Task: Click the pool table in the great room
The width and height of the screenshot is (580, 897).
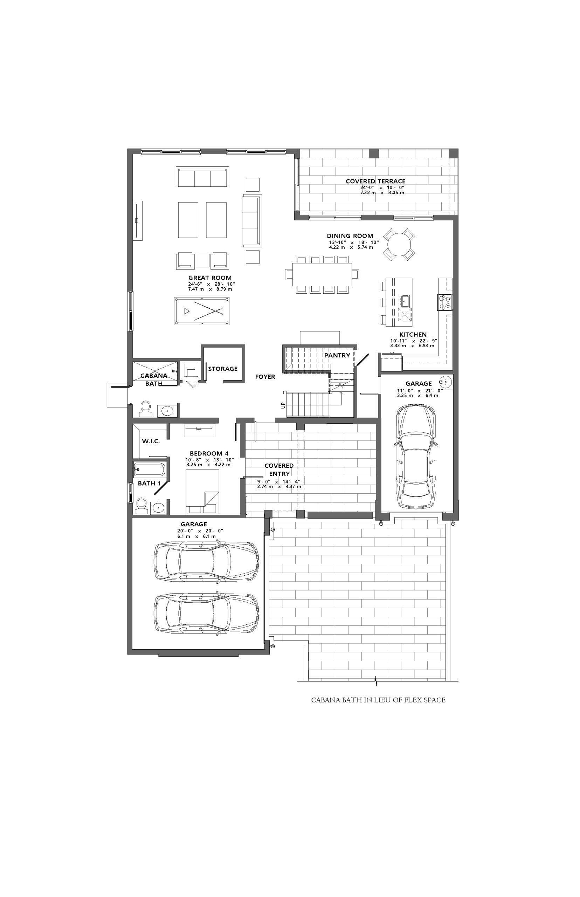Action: (201, 311)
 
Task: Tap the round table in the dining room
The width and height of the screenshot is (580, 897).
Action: (399, 244)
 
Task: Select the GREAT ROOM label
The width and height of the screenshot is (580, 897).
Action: (210, 278)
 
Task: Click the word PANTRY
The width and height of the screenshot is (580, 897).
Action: (337, 355)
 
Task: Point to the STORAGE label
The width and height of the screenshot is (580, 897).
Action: (223, 369)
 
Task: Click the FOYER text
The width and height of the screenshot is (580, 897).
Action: (265, 377)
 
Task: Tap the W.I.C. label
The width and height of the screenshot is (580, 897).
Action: (151, 441)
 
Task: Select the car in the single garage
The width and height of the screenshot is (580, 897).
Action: (416, 456)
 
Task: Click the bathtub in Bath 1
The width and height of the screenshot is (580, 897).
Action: (149, 470)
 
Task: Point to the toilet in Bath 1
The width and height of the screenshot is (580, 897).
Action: (141, 505)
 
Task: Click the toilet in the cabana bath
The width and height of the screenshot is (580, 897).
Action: (145, 409)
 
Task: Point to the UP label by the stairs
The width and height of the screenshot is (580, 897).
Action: (283, 405)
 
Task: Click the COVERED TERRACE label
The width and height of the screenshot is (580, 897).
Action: (375, 181)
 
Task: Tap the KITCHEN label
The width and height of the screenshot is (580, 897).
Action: (413, 335)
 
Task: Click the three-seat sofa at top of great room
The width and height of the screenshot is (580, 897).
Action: (202, 176)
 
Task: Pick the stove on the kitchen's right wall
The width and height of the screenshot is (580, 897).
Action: (445, 302)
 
